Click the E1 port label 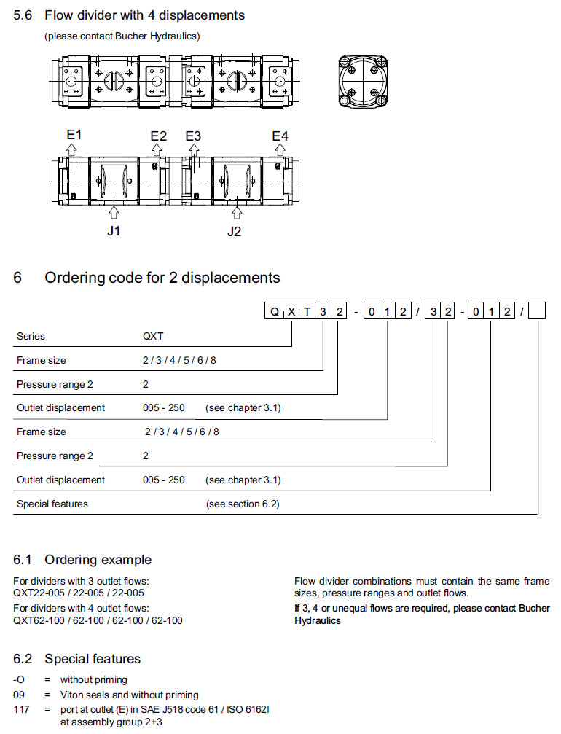73,135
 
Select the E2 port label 158,136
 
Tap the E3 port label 193,136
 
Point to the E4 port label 280,136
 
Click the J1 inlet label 114,231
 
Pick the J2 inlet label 234,231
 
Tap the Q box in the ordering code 275,312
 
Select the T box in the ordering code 307,312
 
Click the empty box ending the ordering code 537,312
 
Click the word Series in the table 31,336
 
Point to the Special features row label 52,504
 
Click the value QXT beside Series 154,336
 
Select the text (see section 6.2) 243,504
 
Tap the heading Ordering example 98,560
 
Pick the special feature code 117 21,709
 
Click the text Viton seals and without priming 129,695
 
